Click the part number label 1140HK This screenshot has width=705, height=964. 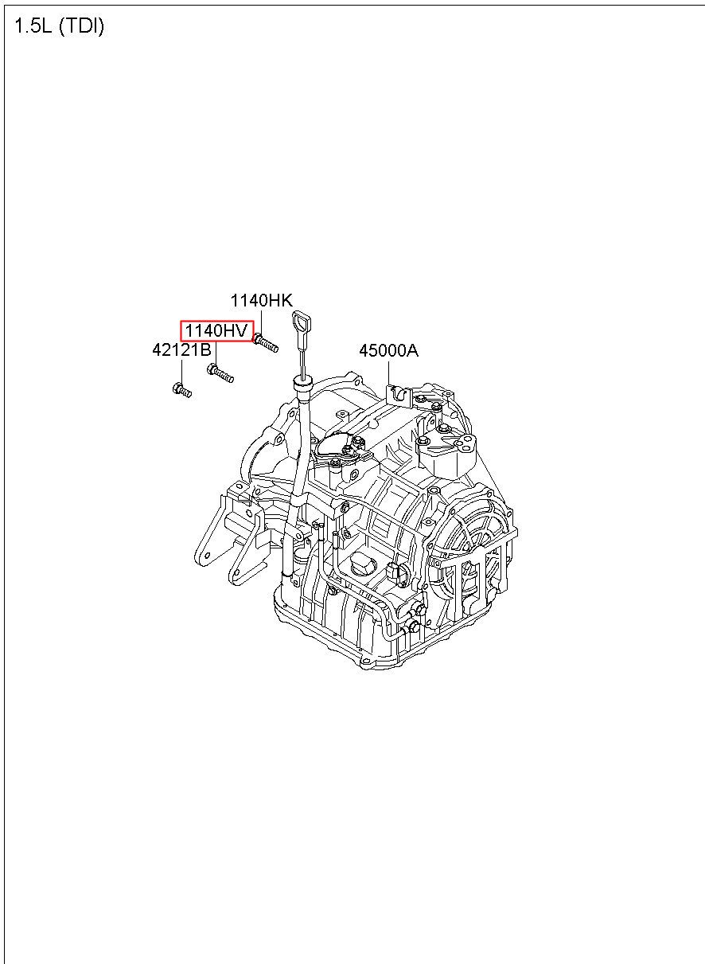tap(262, 300)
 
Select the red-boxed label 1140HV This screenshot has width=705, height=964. tap(216, 330)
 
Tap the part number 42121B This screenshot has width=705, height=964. tap(181, 350)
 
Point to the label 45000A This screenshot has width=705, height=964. tap(388, 351)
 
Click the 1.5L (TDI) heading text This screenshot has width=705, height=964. tap(59, 26)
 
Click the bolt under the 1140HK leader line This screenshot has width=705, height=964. tap(266, 343)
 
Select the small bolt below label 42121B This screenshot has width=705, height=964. tap(181, 390)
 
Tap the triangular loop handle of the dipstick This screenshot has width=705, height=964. tap(302, 322)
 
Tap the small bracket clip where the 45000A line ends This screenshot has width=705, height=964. tap(395, 393)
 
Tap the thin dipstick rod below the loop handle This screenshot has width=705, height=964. tap(302, 354)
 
